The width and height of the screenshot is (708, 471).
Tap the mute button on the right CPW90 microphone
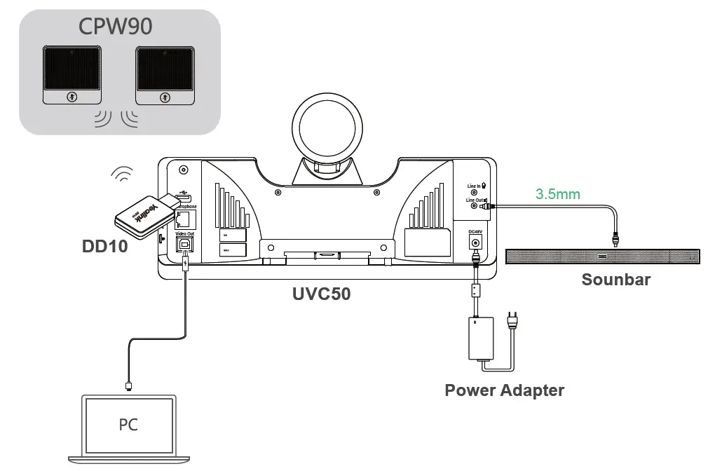click(164, 97)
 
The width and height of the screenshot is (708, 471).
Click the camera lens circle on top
click(329, 128)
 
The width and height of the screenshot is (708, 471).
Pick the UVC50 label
click(322, 293)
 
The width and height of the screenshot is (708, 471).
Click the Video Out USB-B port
click(186, 243)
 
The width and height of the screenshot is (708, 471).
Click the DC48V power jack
click(477, 243)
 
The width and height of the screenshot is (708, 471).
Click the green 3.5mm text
click(558, 193)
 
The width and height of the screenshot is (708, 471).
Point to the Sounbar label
click(616, 280)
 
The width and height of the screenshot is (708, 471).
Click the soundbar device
click(603, 256)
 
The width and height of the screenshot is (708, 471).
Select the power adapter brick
click(481, 339)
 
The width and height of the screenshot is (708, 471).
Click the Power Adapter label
click(504, 390)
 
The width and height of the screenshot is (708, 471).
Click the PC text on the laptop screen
click(128, 425)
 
